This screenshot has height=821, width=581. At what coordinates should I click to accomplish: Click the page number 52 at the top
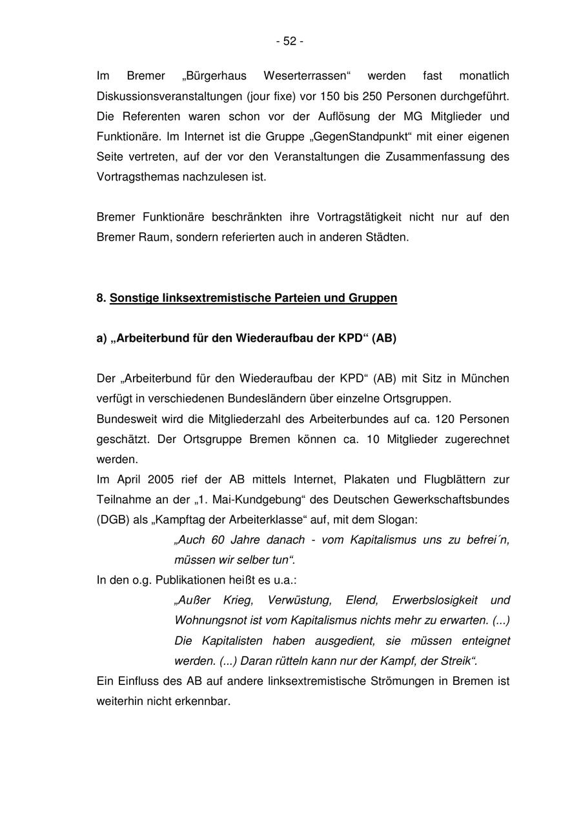pos(290,41)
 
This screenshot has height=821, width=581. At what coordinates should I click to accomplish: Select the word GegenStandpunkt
pos(371,136)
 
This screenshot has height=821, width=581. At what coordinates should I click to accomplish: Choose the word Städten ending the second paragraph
pos(389,237)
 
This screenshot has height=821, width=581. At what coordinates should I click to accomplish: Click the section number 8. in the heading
pos(101,298)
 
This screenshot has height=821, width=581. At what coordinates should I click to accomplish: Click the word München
pos(485,378)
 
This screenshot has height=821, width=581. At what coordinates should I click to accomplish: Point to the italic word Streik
pos(459,660)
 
